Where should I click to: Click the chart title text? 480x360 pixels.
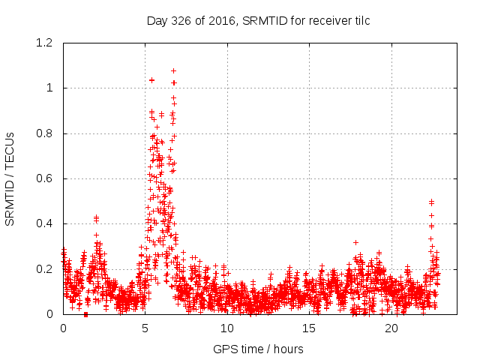[258, 21]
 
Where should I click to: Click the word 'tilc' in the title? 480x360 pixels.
[360, 21]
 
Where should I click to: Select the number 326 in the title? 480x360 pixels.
[184, 21]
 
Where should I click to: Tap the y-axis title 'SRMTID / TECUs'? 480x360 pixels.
[10, 178]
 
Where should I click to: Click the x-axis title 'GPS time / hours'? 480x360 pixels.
[258, 349]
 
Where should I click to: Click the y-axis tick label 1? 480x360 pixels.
[51, 88]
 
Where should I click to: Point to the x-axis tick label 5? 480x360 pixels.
[145, 328]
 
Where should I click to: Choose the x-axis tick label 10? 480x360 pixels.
[227, 328]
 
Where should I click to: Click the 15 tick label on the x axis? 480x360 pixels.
[310, 328]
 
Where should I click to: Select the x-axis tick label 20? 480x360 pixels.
[391, 328]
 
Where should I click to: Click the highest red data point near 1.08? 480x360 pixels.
[174, 71]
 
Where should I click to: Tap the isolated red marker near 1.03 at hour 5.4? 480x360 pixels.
[152, 80]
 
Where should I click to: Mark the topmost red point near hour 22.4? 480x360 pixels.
[431, 201]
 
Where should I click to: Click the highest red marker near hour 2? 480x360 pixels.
[96, 217]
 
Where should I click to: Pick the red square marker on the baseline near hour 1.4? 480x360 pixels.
[85, 314]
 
